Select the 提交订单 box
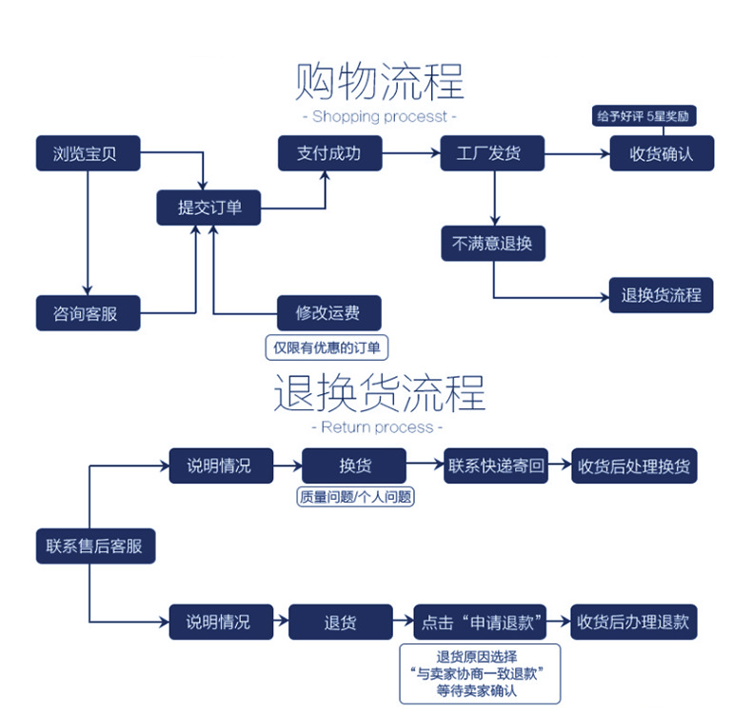pyautogui.click(x=209, y=208)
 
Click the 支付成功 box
pyautogui.click(x=329, y=153)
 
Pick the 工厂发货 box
pyautogui.click(x=492, y=153)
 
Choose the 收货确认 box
pyautogui.click(x=661, y=153)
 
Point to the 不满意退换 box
pyautogui.click(x=493, y=243)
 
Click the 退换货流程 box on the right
pyautogui.click(x=661, y=295)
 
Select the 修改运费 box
pyautogui.click(x=328, y=313)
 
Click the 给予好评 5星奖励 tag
pyautogui.click(x=643, y=117)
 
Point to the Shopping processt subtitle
pyautogui.click(x=379, y=117)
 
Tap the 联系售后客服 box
pyautogui.click(x=94, y=546)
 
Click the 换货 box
pyautogui.click(x=355, y=465)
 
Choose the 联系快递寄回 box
pyautogui.click(x=496, y=465)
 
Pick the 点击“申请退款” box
pyautogui.click(x=482, y=623)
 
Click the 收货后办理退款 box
pyautogui.click(x=633, y=623)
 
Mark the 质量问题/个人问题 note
pyautogui.click(x=356, y=497)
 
